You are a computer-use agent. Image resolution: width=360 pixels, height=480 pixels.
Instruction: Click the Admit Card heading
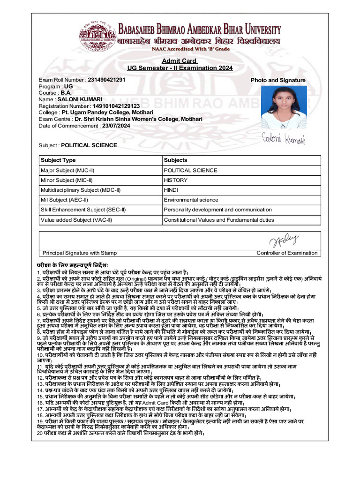180,61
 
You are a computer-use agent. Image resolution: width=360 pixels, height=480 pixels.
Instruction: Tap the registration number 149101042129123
116,106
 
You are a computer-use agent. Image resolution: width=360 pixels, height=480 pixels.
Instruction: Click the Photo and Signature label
278,80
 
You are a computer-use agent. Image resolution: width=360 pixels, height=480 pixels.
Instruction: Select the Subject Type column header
58,160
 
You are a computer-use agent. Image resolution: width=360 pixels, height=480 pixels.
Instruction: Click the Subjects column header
175,160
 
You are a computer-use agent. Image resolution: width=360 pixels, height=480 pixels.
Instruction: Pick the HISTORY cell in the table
175,180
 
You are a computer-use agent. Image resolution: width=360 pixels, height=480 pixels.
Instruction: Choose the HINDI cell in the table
171,190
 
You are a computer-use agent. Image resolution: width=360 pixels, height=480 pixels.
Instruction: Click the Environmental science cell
191,200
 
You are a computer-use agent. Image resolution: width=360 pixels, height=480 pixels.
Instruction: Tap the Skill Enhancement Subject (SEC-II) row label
83,210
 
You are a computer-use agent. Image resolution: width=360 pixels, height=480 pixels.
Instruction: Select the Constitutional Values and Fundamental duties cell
219,219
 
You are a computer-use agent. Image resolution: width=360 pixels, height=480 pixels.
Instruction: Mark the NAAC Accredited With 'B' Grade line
190,49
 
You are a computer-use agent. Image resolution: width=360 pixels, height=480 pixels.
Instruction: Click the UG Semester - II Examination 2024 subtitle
180,68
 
